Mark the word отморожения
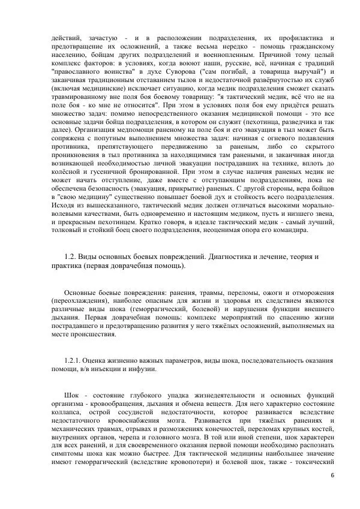pos(307,291)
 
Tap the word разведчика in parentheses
pos(290,121)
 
